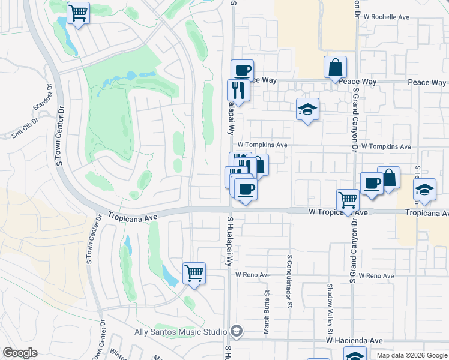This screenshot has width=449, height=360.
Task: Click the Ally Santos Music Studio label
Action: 181,332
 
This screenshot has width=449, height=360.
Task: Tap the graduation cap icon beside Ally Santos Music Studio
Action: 237,332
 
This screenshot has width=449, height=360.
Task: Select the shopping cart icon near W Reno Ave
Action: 194,274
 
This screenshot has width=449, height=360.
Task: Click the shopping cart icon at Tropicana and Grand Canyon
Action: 348,200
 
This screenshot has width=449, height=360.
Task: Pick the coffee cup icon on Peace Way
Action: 242,70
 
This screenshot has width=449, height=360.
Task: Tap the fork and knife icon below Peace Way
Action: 238,90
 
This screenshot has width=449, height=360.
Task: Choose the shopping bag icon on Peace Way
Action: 335,67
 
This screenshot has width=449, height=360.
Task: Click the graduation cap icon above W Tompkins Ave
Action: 307,109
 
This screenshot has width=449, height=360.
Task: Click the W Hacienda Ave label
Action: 354,340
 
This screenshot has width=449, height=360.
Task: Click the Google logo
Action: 20,353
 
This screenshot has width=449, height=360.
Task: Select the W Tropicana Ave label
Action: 338,212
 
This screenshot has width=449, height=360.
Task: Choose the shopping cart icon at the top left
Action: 79,13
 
